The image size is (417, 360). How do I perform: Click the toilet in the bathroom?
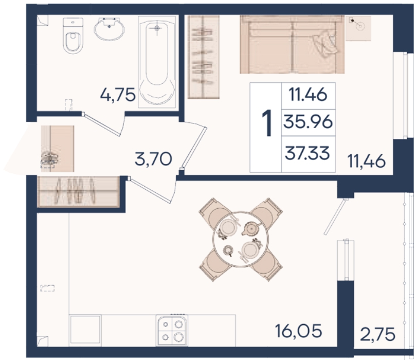(72, 35)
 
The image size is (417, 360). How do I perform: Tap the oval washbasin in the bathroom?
(109, 29)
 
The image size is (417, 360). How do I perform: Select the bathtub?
(157, 62)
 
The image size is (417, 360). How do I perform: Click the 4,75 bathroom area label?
(118, 95)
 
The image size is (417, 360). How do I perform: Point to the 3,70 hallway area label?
(153, 159)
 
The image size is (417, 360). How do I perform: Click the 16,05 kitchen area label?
(299, 331)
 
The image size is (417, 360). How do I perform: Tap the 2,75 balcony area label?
(377, 334)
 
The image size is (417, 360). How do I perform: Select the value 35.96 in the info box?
(308, 122)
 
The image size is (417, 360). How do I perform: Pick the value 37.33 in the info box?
(307, 154)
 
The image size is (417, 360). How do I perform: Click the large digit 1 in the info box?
(267, 124)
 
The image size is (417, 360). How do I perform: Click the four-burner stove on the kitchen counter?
(172, 330)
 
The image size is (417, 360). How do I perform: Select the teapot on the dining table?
(250, 228)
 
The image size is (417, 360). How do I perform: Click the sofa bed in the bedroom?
(292, 44)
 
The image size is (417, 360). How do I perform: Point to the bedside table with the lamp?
(358, 28)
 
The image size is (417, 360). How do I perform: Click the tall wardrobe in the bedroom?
(204, 57)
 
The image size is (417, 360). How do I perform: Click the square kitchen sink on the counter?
(85, 331)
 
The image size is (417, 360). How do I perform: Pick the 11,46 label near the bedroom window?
(367, 161)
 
